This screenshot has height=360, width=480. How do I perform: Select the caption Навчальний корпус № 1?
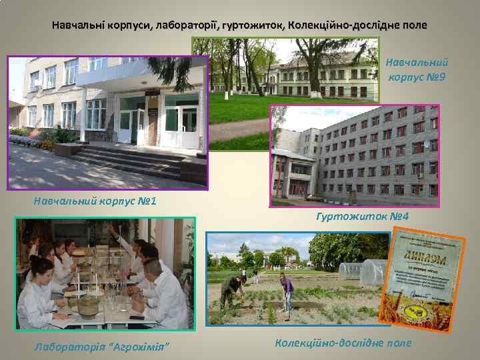pos(95,200)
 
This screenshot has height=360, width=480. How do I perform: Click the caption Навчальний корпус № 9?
pos(417,69)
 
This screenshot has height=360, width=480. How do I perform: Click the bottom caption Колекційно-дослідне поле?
pos(343,343)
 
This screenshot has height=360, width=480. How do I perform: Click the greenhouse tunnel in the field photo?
pos(363,272)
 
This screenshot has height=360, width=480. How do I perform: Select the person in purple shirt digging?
pos(287,291)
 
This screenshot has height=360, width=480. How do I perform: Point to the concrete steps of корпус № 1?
pos(127,160)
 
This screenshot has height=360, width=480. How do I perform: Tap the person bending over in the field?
pos(231,287)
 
